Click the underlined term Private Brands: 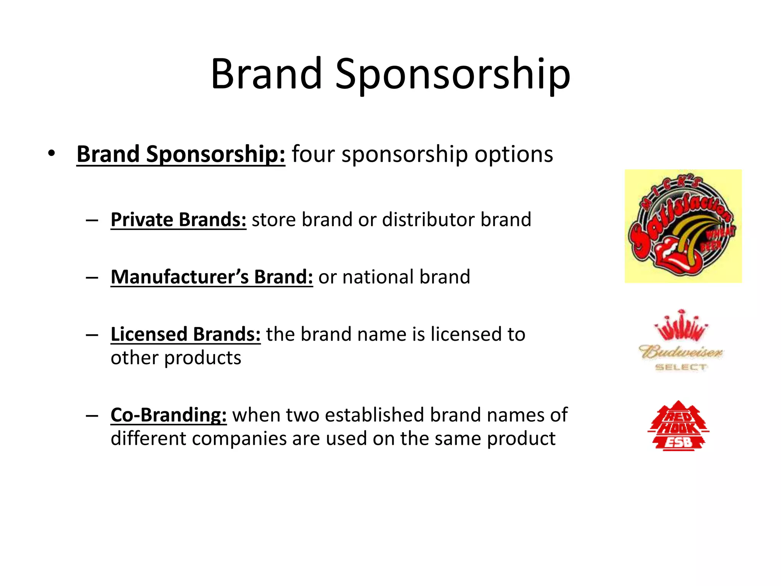178,220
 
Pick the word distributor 428,220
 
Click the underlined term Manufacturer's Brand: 212,277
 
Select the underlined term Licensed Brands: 185,334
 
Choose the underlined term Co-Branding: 169,415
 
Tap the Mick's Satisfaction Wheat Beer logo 683,226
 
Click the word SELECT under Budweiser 681,367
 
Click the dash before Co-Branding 92,415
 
